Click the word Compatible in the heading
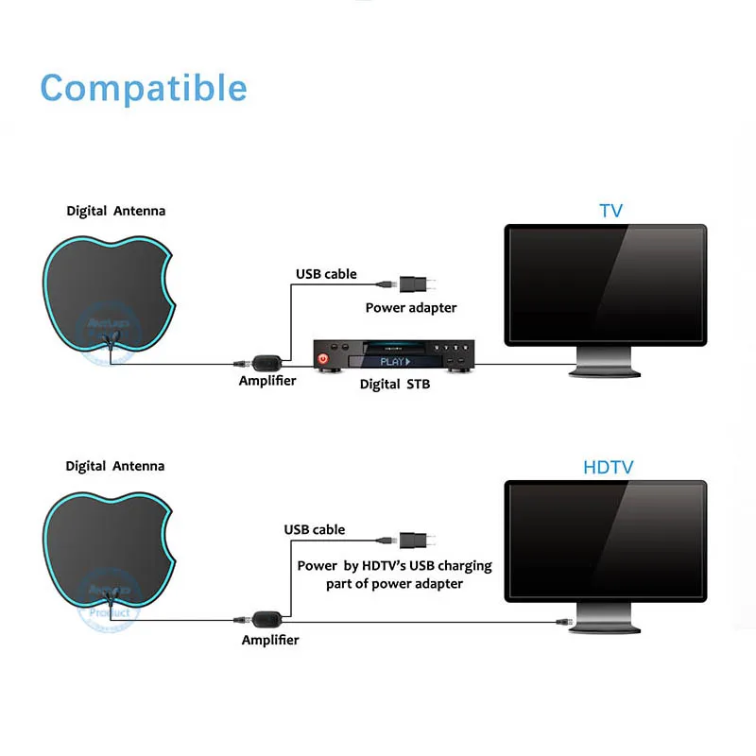tap(144, 88)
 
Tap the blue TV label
tap(611, 210)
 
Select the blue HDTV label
tap(608, 467)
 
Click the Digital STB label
tap(395, 385)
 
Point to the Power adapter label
tap(411, 307)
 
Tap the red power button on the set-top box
tap(324, 359)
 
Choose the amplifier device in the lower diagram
tap(266, 619)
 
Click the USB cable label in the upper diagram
tap(326, 274)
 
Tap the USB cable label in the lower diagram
tap(315, 530)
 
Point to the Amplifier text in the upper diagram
tap(267, 381)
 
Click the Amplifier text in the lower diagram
tap(269, 640)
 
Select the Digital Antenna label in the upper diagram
tap(115, 211)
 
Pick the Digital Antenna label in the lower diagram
tap(115, 466)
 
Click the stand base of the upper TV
tap(605, 370)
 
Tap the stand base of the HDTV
tap(605, 627)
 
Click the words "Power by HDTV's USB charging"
tap(394, 565)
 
